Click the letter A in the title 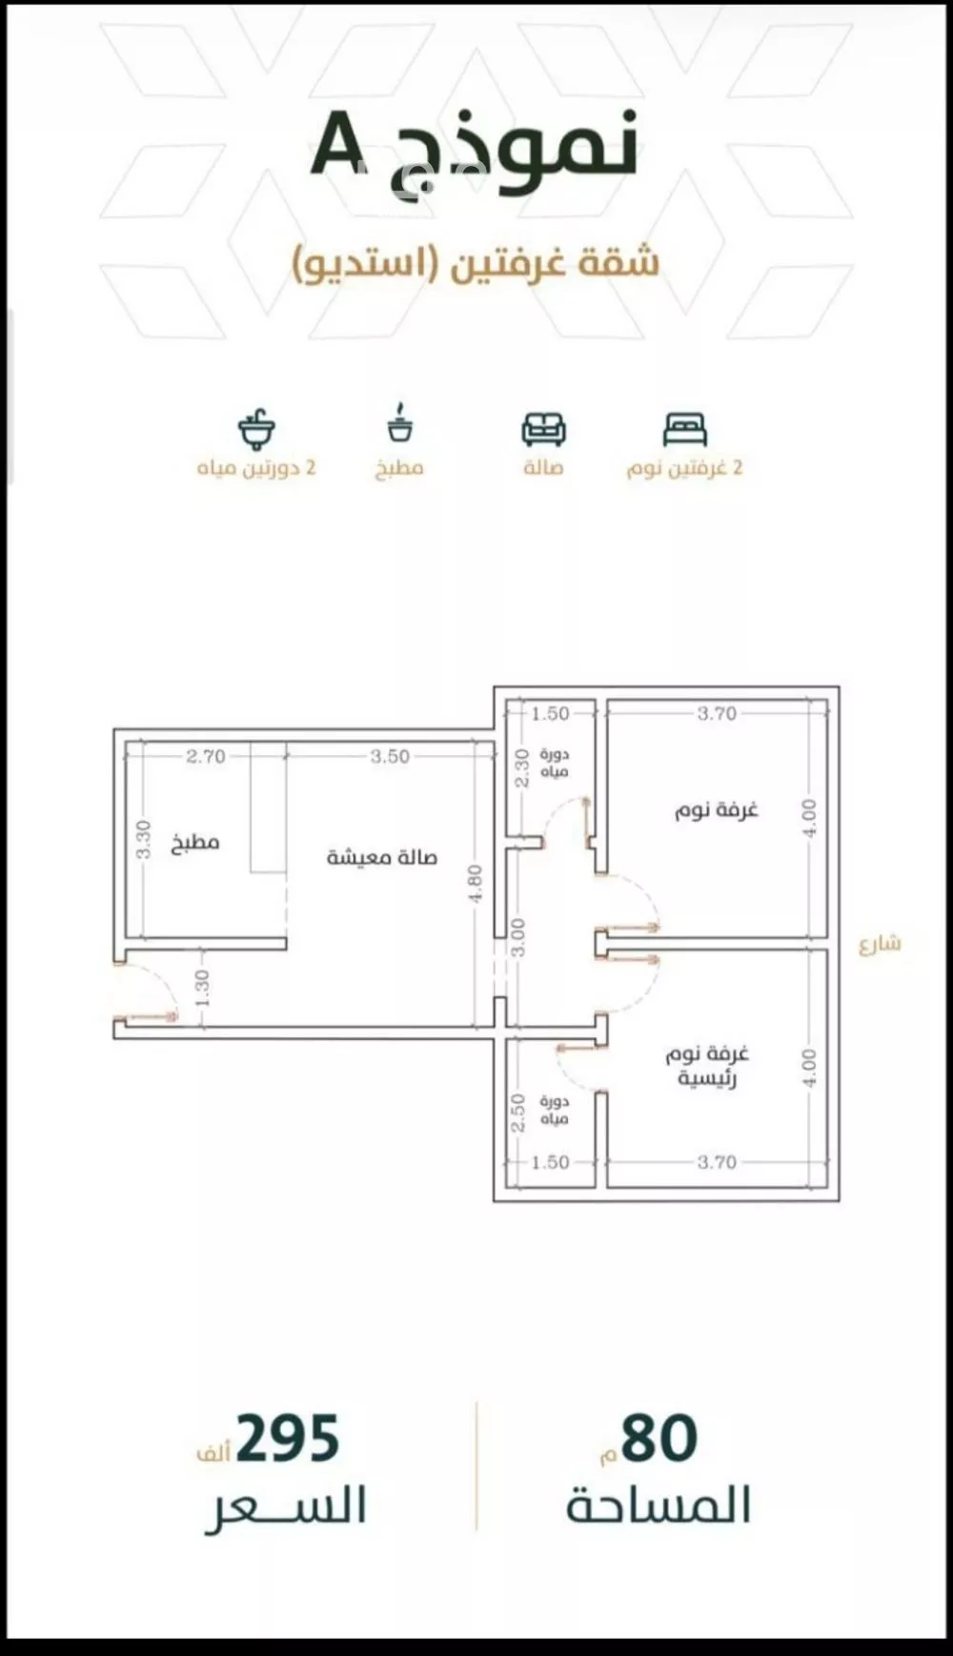click(x=340, y=144)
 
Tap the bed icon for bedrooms click(x=685, y=430)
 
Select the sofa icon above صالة click(x=543, y=429)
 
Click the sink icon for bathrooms click(x=256, y=430)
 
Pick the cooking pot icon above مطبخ click(x=400, y=424)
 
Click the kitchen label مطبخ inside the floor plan click(x=195, y=843)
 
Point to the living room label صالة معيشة click(x=381, y=857)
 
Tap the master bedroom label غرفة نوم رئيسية click(x=707, y=1066)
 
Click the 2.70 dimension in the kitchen click(x=206, y=756)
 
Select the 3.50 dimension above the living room click(x=390, y=756)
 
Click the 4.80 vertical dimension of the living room click(x=476, y=883)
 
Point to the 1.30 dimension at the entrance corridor click(x=202, y=988)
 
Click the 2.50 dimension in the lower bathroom click(x=518, y=1113)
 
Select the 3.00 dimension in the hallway click(x=517, y=936)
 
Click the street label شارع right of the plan click(x=879, y=944)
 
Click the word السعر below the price click(x=286, y=1507)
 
